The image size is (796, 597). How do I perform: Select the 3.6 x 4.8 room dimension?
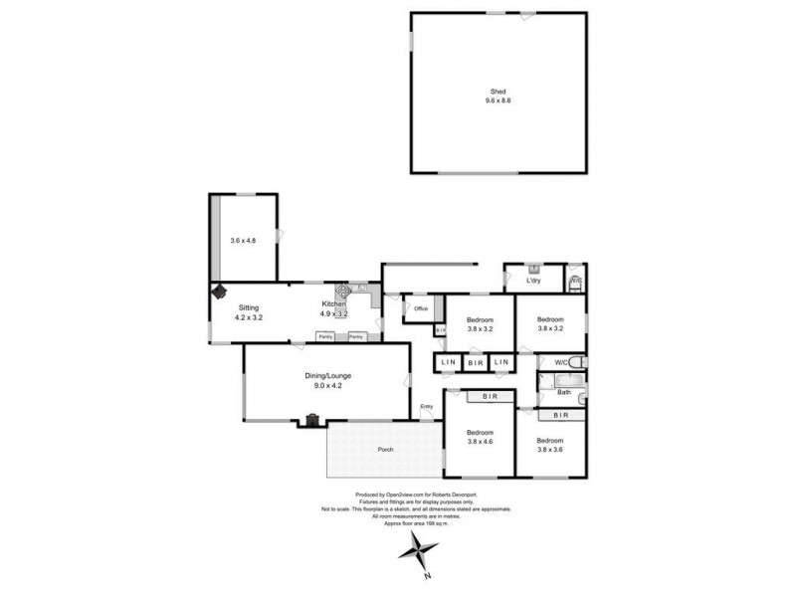244,240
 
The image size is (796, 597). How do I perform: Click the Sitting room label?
248,307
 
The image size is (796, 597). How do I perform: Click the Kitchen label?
333,303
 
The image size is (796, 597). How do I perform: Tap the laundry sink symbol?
534,269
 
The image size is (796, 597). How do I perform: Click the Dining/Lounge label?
328,375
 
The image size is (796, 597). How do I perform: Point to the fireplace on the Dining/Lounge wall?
312,420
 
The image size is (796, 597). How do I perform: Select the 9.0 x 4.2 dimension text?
328,386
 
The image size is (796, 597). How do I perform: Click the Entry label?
427,406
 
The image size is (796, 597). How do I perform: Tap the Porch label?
385,449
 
